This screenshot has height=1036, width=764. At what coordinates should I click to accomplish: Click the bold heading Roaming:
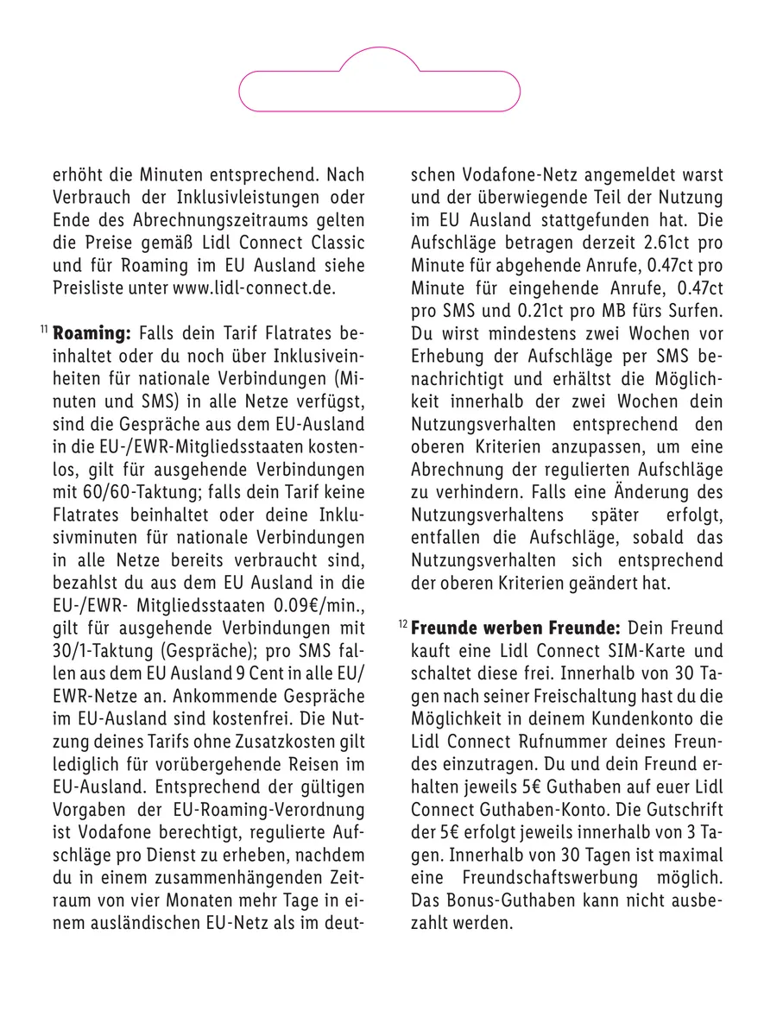[92, 332]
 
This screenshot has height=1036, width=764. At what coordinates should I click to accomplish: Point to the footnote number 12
[402, 622]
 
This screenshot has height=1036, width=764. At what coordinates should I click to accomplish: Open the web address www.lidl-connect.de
[253, 287]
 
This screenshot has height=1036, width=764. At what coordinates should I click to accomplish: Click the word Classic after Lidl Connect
[331, 243]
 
